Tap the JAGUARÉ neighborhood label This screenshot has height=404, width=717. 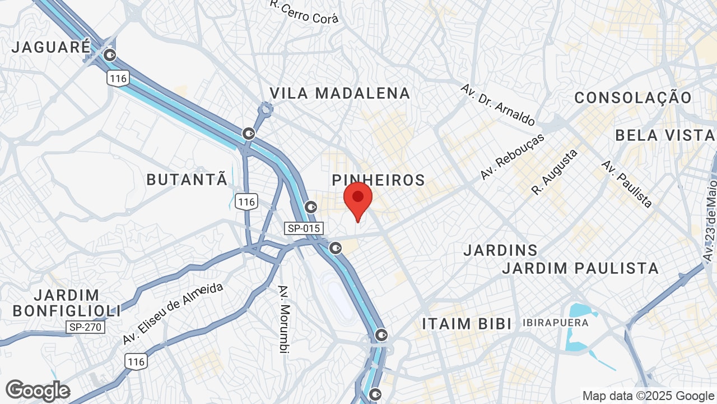51,47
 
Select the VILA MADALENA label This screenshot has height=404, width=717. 340,93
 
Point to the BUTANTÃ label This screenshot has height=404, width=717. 187,180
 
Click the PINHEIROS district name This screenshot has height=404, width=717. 378,180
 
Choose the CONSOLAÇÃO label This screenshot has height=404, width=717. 633,98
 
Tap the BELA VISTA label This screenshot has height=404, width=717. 665,135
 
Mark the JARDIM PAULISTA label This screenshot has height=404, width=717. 580,268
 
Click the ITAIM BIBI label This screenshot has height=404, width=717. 467,324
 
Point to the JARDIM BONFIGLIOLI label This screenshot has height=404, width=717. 67,302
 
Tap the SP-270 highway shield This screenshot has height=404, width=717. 85,327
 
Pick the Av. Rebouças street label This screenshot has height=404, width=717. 512,157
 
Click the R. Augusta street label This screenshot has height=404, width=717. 555,172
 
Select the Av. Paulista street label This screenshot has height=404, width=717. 627,183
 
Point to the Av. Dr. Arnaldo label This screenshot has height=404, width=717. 497,104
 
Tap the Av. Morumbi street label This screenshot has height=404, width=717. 285,319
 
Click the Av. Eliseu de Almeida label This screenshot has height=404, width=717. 173,314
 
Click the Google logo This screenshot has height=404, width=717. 38,391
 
